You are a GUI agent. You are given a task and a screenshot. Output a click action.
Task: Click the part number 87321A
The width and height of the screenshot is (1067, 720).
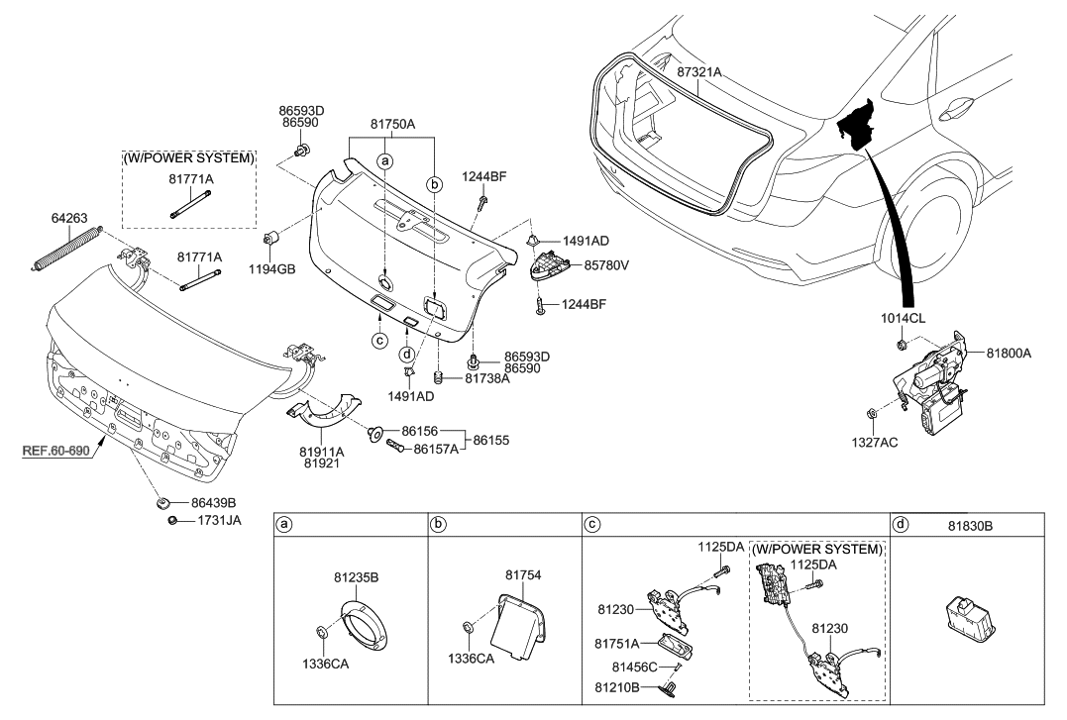[699, 72]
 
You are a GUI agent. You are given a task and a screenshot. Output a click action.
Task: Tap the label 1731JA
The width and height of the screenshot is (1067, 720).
[219, 520]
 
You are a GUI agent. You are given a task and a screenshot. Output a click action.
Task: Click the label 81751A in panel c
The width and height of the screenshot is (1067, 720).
[615, 642]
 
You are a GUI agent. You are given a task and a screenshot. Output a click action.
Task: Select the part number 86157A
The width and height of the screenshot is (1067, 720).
[435, 449]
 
